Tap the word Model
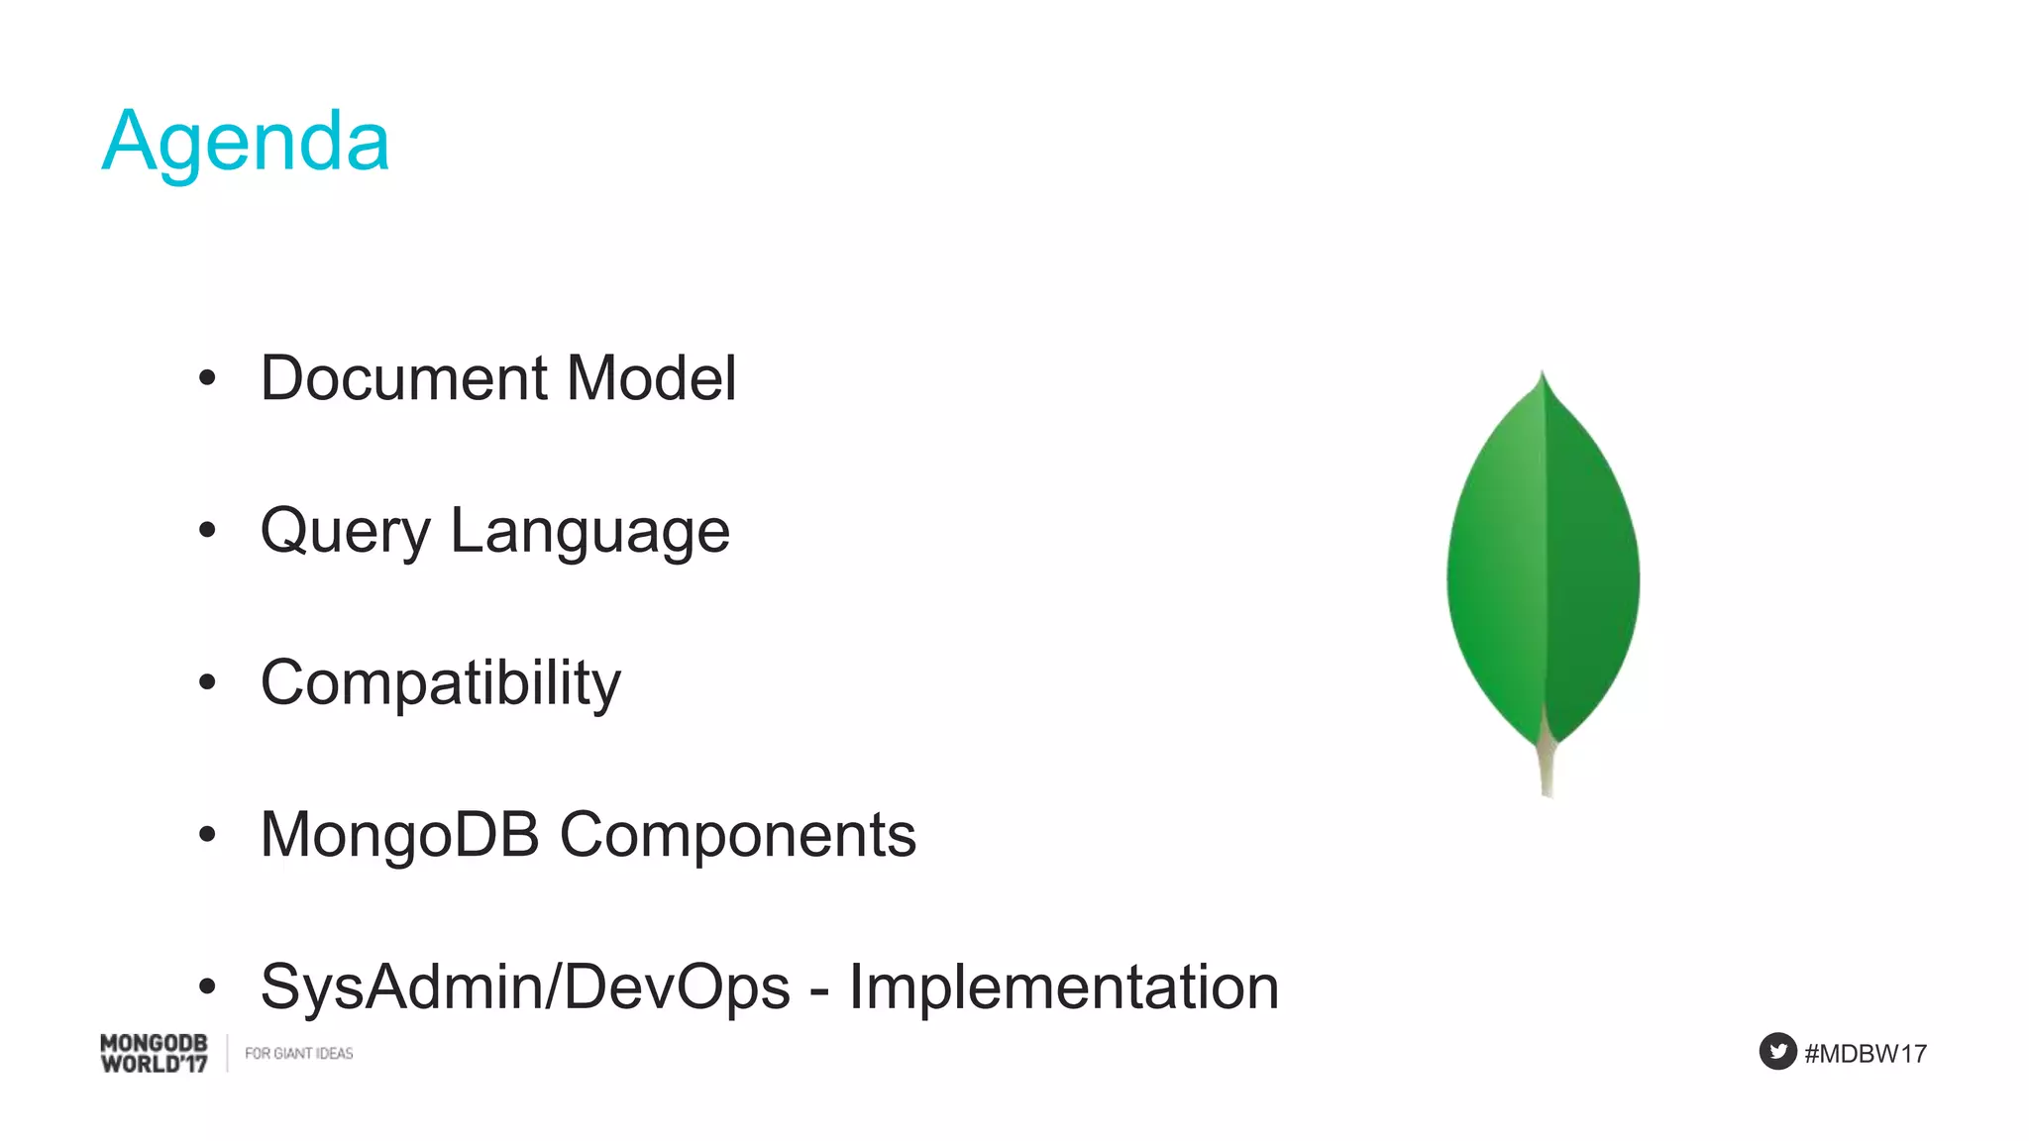[x=651, y=378]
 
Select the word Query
[x=345, y=533]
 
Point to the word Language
[x=590, y=533]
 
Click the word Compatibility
[x=441, y=684]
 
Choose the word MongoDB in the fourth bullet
[x=399, y=835]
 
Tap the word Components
[x=738, y=835]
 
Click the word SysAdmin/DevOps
[x=525, y=987]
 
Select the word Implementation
[x=1064, y=987]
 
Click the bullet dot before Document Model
[x=207, y=377]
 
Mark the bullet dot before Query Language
[x=207, y=530]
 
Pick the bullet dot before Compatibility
[x=207, y=681]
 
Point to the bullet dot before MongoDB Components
[x=207, y=834]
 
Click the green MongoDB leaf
[x=1543, y=565]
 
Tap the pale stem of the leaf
[x=1546, y=768]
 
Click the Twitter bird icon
[x=1777, y=1051]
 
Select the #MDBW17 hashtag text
[x=1866, y=1053]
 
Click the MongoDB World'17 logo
[x=155, y=1053]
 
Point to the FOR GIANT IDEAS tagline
[x=298, y=1053]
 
